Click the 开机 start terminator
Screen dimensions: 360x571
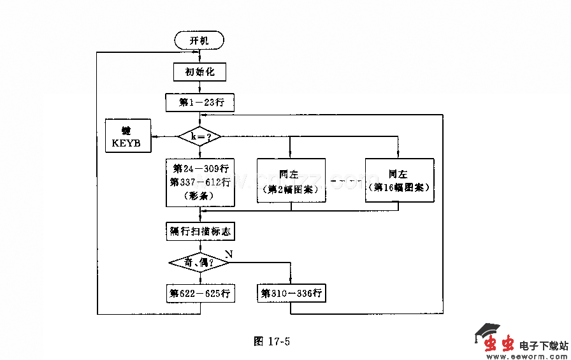click(x=199, y=41)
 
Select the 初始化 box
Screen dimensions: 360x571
click(x=199, y=71)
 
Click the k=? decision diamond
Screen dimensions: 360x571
click(x=200, y=136)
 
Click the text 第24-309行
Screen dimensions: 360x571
click(x=200, y=169)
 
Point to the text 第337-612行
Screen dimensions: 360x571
click(x=200, y=182)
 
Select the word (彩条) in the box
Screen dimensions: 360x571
click(x=200, y=196)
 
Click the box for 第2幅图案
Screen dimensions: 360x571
click(x=291, y=180)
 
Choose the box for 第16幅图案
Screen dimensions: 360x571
click(x=400, y=180)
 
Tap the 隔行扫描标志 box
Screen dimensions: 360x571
click(x=200, y=231)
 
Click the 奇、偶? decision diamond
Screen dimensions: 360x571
click(x=200, y=263)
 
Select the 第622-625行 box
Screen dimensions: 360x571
click(x=200, y=294)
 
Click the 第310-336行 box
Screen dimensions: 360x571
click(x=291, y=294)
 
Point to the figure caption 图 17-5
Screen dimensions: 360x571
click(x=272, y=341)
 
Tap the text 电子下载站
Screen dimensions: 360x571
click(x=543, y=345)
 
